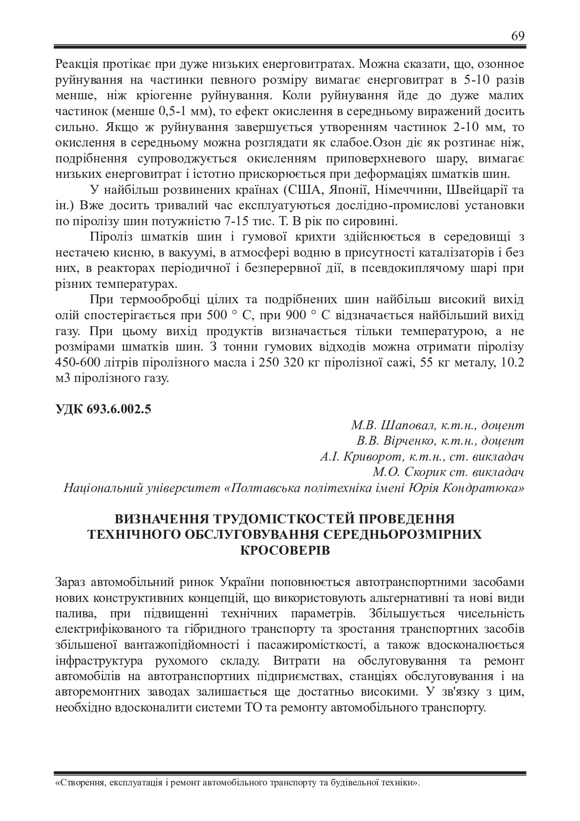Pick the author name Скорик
(x=424, y=472)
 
